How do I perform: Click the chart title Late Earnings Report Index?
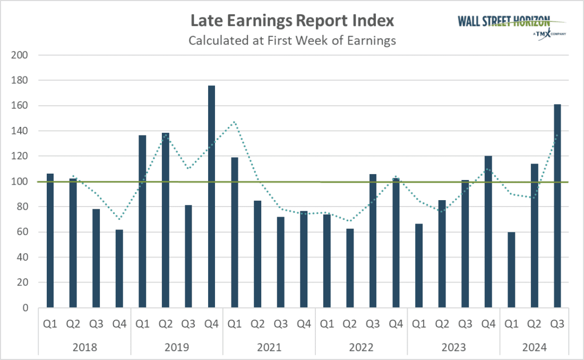(292, 21)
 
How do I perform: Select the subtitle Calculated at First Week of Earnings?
(292, 40)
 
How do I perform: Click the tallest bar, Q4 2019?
(211, 196)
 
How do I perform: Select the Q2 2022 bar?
(349, 268)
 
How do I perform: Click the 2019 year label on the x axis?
(177, 347)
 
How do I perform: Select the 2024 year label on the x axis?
(534, 347)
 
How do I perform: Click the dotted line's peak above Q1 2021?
(234, 122)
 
